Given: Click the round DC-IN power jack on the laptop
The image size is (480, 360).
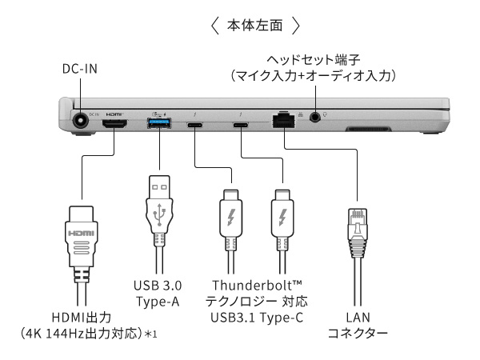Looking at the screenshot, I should (81, 121).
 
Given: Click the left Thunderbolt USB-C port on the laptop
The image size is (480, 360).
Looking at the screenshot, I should (195, 126).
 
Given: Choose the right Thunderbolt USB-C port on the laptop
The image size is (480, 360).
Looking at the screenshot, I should (241, 126).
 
